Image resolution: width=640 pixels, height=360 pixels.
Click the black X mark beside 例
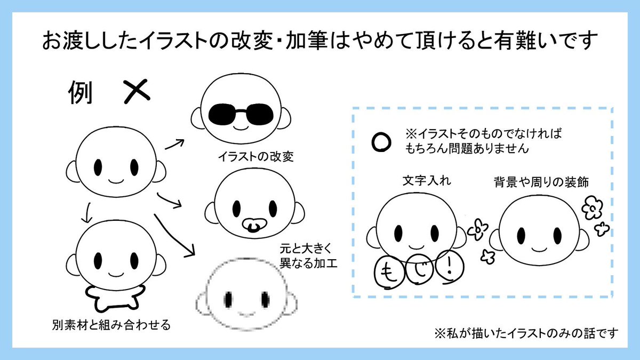[x=137, y=91]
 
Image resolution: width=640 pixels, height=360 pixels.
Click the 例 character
[x=81, y=92]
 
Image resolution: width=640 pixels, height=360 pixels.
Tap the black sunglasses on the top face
[x=241, y=114]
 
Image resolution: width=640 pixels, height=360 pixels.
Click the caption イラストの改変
[x=255, y=157]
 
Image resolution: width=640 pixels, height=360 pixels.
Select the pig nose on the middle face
[x=254, y=225]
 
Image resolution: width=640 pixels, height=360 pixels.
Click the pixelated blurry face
[x=246, y=294]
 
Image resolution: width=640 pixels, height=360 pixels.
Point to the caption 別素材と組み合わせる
[x=111, y=325]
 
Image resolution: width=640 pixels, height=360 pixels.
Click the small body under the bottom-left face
[x=115, y=299]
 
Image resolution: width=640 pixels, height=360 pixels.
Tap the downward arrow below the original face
[x=86, y=213]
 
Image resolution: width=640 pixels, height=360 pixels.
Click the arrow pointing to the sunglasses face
[x=174, y=145]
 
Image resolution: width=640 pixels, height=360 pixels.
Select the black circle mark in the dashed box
[x=381, y=142]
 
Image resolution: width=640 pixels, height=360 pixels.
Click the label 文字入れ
[x=427, y=181]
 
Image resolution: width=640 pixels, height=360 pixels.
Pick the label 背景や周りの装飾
[x=541, y=182]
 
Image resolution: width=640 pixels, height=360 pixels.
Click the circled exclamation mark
[x=450, y=267]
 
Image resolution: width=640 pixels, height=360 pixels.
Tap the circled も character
[x=389, y=271]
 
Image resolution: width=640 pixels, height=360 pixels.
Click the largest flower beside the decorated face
[x=593, y=207]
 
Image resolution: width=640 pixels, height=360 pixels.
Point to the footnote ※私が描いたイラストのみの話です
[x=526, y=333]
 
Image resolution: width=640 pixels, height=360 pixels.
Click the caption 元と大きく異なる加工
[x=309, y=256]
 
